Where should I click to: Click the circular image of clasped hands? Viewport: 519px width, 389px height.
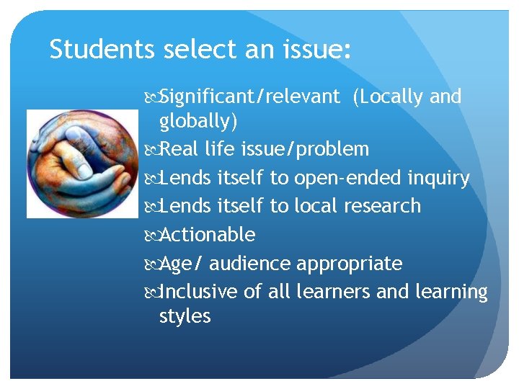click(81, 164)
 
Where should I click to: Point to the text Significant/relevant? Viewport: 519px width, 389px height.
click(249, 97)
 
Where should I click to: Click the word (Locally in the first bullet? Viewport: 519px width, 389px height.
click(388, 97)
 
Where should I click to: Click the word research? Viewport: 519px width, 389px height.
click(382, 206)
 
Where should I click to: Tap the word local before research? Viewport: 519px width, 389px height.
click(316, 206)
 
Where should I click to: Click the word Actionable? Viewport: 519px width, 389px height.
click(207, 235)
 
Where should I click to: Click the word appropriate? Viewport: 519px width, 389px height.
click(350, 264)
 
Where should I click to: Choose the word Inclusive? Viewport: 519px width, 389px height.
click(198, 292)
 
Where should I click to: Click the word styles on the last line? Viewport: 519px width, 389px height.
click(185, 316)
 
